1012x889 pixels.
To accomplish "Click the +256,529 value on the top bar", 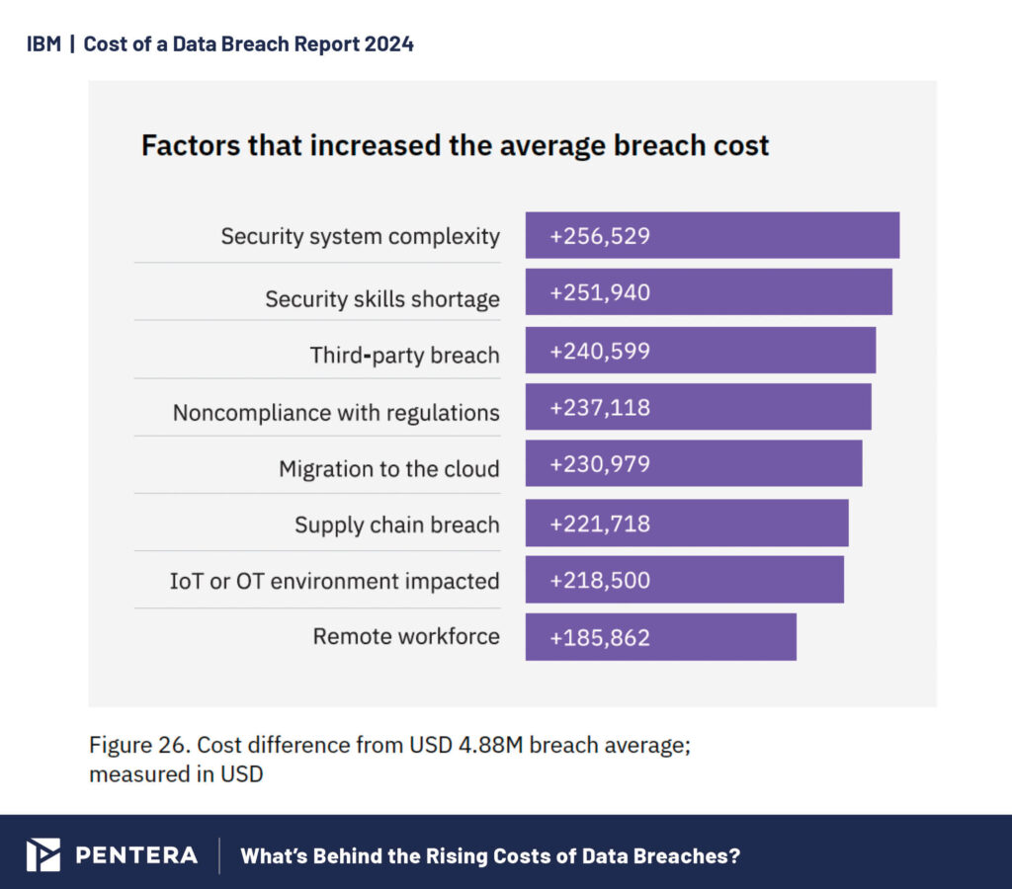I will [600, 236].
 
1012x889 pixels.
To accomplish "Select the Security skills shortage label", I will [381, 298].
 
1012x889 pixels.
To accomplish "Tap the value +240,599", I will [600, 351].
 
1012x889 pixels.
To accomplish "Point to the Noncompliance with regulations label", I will [336, 412].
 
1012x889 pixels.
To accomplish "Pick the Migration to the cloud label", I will [388, 468].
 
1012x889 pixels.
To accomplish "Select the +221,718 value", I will [600, 524].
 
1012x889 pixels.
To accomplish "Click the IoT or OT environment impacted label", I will [334, 581].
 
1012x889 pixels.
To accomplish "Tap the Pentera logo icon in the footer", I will [42, 854].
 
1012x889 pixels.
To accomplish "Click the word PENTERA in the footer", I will [136, 855].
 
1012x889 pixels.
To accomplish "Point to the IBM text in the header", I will [43, 44].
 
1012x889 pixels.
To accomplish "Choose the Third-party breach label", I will [404, 356].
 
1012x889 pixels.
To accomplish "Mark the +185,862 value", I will [600, 637].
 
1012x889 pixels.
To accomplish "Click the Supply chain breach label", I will [396, 525].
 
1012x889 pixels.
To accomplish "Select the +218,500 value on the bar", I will [600, 580].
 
